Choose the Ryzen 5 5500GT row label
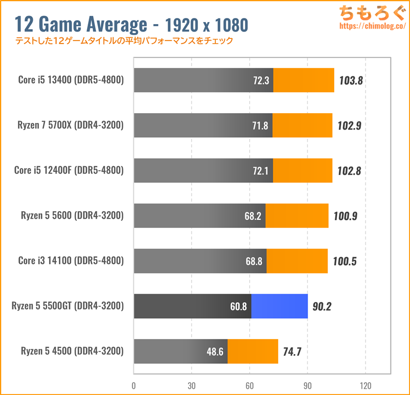pos(68,306)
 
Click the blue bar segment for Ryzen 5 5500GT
pos(279,306)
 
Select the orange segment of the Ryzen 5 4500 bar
pos(253,351)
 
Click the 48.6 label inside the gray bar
pos(214,352)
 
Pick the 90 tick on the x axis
pos(307,385)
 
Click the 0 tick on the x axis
pos(134,385)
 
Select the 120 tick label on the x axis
pos(365,385)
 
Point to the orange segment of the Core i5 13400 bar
pos(303,80)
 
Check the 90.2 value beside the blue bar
pos(323,307)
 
